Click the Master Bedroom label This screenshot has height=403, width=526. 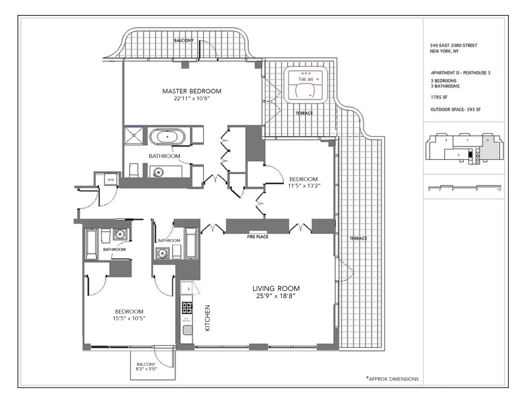[x=192, y=91]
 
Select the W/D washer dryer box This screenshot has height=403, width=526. [x=110, y=179]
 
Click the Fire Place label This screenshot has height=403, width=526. [x=258, y=237]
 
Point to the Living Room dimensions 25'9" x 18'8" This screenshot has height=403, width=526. [x=276, y=296]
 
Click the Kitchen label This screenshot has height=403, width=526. [x=208, y=318]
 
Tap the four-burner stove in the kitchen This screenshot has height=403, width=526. [x=187, y=308]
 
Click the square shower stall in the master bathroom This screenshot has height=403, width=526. [x=134, y=135]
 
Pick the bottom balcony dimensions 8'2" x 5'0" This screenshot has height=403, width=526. [x=146, y=369]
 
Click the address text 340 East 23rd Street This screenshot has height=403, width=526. [x=454, y=46]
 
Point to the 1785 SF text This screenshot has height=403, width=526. [x=439, y=98]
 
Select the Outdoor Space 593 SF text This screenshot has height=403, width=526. [x=456, y=109]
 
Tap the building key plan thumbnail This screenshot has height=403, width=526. [x=465, y=148]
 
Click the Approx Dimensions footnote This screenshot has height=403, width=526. [x=392, y=379]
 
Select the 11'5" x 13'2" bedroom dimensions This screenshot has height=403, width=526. [x=303, y=186]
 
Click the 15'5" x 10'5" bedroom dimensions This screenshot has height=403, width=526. [x=129, y=318]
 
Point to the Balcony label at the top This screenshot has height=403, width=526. [x=184, y=40]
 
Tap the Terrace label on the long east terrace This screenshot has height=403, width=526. [x=358, y=238]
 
